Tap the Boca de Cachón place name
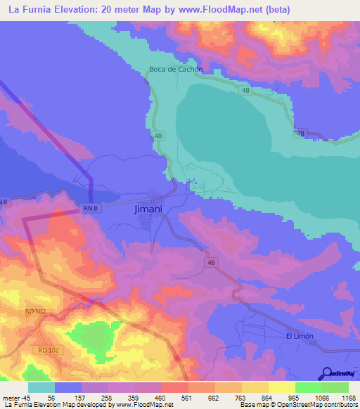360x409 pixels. (x=176, y=69)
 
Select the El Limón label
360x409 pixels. (x=299, y=337)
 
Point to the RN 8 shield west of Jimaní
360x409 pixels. (x=89, y=207)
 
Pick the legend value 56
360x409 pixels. (x=51, y=397)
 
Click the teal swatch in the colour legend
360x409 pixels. (x=41, y=387)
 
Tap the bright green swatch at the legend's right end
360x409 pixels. (x=335, y=387)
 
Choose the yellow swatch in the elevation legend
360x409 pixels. (x=282, y=387)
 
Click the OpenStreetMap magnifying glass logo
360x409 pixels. (x=326, y=373)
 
